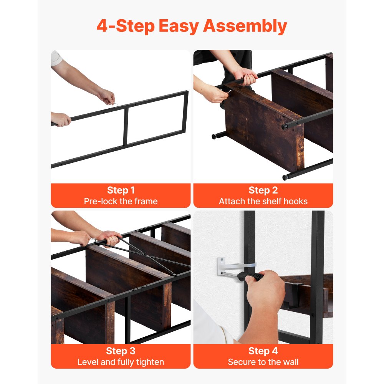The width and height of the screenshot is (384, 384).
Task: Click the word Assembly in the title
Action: [245, 26]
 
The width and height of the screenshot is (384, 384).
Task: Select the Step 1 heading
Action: [121, 190]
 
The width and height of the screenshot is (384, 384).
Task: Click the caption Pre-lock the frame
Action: [121, 201]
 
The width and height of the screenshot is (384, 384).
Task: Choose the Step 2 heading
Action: [263, 190]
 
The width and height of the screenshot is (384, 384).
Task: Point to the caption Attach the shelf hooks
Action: [263, 201]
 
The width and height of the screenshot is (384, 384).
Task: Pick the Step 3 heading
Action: [121, 351]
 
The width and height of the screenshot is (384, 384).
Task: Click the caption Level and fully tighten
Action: [121, 362]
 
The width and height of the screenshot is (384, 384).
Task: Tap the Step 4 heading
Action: [263, 351]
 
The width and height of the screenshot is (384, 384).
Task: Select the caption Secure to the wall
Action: [263, 362]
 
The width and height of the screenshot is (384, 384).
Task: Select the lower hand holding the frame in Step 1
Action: [61, 119]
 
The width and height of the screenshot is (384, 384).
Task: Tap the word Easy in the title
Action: [179, 26]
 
